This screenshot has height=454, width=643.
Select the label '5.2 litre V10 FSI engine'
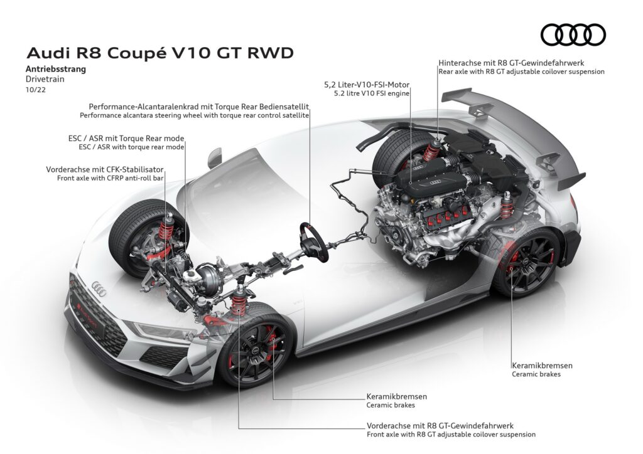[367, 93]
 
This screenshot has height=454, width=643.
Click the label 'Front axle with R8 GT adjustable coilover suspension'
[451, 433]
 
